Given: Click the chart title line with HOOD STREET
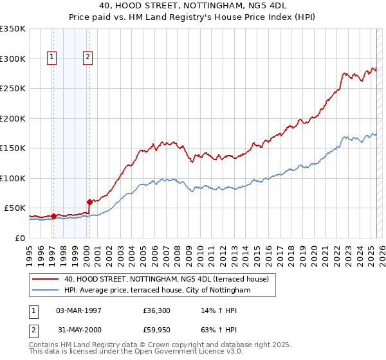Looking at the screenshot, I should pyautogui.click(x=192, y=7).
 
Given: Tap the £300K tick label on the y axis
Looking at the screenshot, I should pyautogui.click(x=12, y=59).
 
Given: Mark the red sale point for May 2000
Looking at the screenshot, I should pyautogui.click(x=89, y=203).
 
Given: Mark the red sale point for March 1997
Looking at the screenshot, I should pyautogui.click(x=53, y=216).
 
